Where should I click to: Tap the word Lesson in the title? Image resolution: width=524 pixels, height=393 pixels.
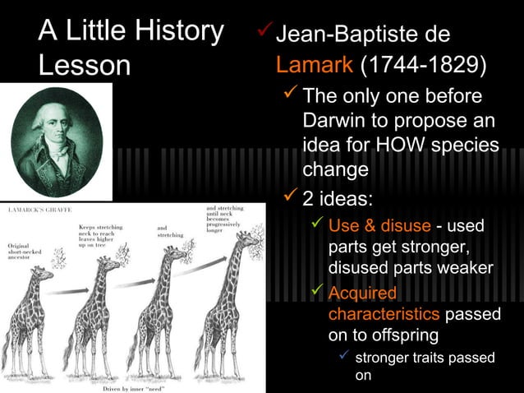(85, 66)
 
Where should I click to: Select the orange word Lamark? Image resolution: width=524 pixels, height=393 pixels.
(315, 65)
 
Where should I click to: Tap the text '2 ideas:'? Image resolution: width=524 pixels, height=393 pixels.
(338, 199)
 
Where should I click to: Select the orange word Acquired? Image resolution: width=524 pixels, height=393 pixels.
(362, 294)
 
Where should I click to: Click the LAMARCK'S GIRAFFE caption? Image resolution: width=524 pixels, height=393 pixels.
(38, 210)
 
